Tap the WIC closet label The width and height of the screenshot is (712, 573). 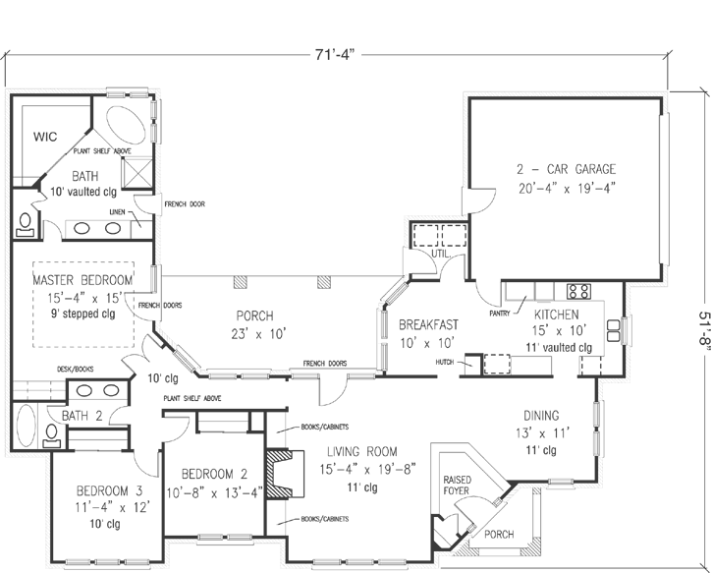tap(45, 137)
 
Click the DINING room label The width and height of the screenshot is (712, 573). tap(542, 415)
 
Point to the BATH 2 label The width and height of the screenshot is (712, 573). tap(82, 416)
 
